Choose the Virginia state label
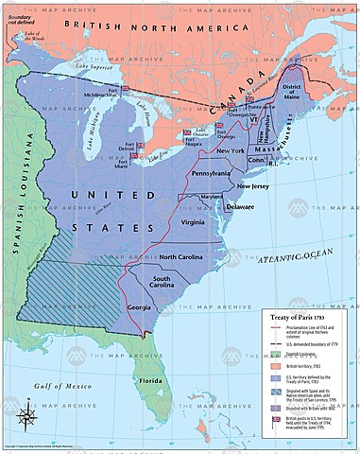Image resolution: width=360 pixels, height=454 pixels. (x=193, y=222)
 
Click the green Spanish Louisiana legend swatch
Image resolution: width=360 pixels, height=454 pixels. (x=272, y=354)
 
